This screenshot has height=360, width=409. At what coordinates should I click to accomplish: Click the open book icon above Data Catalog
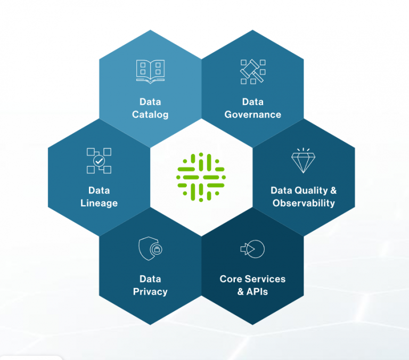[151, 71]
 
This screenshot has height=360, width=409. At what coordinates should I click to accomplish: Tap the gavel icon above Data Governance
[253, 72]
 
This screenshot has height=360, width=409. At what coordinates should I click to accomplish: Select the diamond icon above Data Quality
[304, 160]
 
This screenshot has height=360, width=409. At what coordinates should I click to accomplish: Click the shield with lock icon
[150, 249]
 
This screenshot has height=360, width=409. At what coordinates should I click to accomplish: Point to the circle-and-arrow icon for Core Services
[252, 249]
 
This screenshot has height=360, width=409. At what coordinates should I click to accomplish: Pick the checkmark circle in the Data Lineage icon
[99, 161]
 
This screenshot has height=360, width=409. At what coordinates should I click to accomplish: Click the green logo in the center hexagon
[201, 177]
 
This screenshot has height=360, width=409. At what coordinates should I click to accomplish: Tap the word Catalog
[150, 115]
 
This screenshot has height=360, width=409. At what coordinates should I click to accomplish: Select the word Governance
[253, 114]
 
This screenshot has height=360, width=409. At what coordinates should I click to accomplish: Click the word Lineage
[99, 203]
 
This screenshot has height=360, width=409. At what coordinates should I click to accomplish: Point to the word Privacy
[150, 292]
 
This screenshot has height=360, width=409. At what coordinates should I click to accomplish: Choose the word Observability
[304, 203]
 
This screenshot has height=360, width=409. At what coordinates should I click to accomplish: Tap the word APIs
[257, 292]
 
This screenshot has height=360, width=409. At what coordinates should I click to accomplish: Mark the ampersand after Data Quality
[333, 191]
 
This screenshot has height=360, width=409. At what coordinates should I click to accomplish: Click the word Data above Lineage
[99, 191]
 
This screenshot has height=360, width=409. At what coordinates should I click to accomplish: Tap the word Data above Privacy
[150, 279]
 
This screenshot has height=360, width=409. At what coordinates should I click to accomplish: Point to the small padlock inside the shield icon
[157, 250]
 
